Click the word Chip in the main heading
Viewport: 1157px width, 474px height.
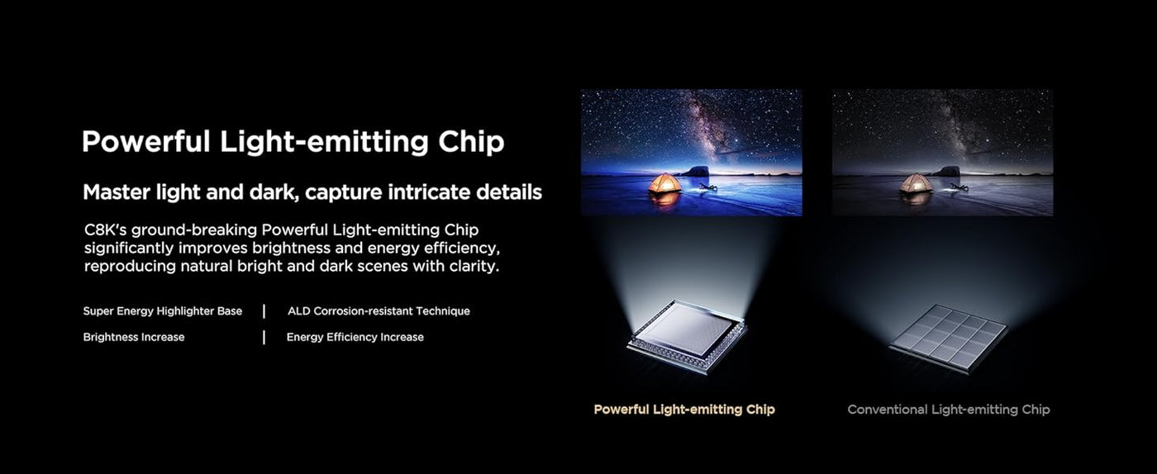coord(471,143)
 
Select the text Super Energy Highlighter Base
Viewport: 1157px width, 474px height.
coord(163,311)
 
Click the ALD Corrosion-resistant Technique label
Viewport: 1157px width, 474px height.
coord(379,311)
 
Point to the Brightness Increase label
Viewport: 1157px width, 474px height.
coord(134,337)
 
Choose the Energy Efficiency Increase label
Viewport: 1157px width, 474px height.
coord(355,337)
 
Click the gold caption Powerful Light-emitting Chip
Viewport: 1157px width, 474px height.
coord(684,410)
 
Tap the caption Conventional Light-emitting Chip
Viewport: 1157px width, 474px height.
coord(949,410)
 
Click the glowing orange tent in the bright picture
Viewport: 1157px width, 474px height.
coord(664,182)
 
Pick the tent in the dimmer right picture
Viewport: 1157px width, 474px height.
coord(916,182)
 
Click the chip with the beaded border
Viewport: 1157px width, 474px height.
coord(688,335)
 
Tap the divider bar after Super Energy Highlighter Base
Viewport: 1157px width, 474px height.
coord(264,311)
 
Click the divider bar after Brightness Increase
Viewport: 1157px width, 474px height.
coord(264,337)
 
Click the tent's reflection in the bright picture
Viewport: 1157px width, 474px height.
coord(664,199)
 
